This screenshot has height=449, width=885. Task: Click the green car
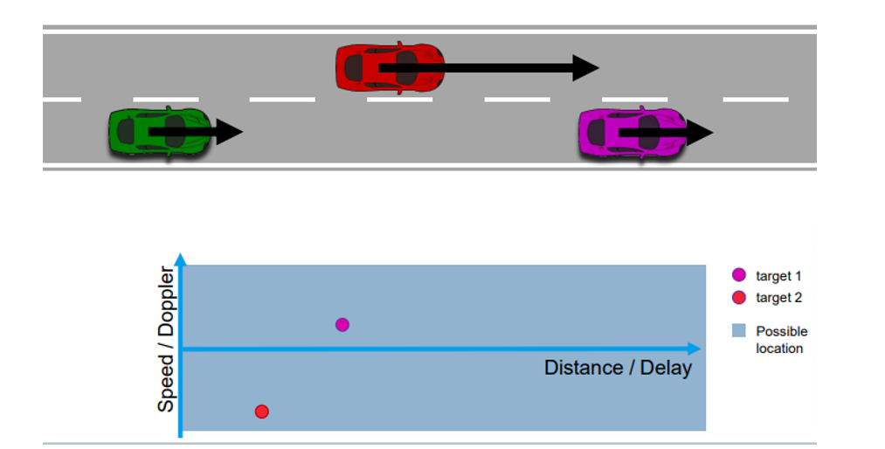coord(157,132)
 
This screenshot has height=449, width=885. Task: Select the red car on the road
coord(389,66)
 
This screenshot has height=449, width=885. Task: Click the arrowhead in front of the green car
coord(229,132)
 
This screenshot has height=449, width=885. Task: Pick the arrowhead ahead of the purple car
coord(701,133)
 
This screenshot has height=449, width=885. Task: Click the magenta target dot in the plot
coord(342,325)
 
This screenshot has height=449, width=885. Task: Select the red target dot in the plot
coord(261,411)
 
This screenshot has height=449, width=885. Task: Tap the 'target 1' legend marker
coord(739,276)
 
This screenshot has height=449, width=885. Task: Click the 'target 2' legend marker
coord(739,298)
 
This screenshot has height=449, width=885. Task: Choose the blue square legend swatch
coord(739,331)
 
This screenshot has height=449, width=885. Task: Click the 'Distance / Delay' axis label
coord(618,368)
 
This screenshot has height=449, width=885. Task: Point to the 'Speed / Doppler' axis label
coord(166,341)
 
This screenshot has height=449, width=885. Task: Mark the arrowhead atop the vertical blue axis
coord(181,259)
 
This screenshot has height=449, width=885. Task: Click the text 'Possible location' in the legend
coord(781,340)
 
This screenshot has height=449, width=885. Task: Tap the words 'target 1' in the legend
coord(778,276)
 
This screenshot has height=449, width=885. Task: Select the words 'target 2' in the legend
coord(778,298)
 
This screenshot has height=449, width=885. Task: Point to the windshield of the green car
coord(176,132)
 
